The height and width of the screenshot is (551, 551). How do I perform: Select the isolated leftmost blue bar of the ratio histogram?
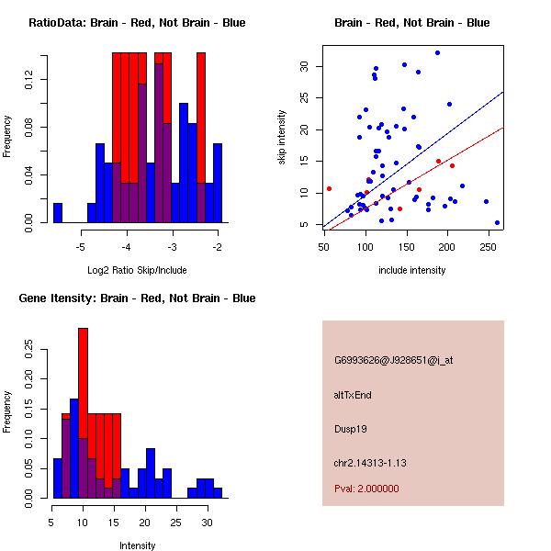pos(57,212)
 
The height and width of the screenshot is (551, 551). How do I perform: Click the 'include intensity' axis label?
pos(412,270)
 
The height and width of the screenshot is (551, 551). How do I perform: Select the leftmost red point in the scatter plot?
pos(329,188)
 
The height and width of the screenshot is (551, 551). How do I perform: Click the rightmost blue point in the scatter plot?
pos(498,222)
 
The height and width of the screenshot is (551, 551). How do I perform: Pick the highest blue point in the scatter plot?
pos(437,53)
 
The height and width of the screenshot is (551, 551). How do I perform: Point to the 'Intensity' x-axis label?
pos(137,545)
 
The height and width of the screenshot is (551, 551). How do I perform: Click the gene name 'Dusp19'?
pos(350,428)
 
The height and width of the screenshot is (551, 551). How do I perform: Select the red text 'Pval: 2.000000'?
pos(366,489)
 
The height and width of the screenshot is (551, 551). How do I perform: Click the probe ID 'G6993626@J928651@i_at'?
pos(394,360)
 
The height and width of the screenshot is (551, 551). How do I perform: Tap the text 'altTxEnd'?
pos(353,395)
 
